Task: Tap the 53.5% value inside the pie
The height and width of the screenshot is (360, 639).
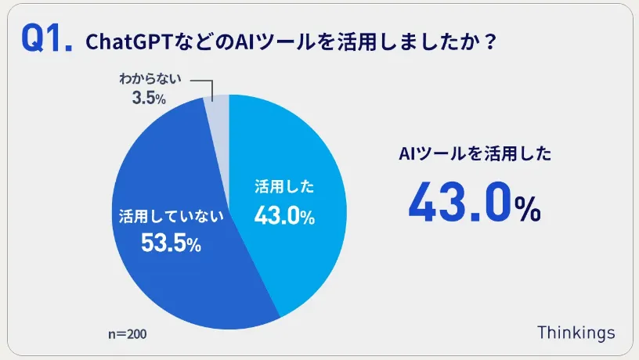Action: (x=171, y=243)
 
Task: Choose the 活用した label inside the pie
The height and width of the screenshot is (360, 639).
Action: (x=284, y=187)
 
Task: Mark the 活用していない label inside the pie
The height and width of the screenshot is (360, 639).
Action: (x=171, y=214)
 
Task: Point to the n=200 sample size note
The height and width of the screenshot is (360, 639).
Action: (x=126, y=334)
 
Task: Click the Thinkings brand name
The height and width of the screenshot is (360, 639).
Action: (x=576, y=332)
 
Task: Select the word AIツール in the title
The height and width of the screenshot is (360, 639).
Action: (x=265, y=41)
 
